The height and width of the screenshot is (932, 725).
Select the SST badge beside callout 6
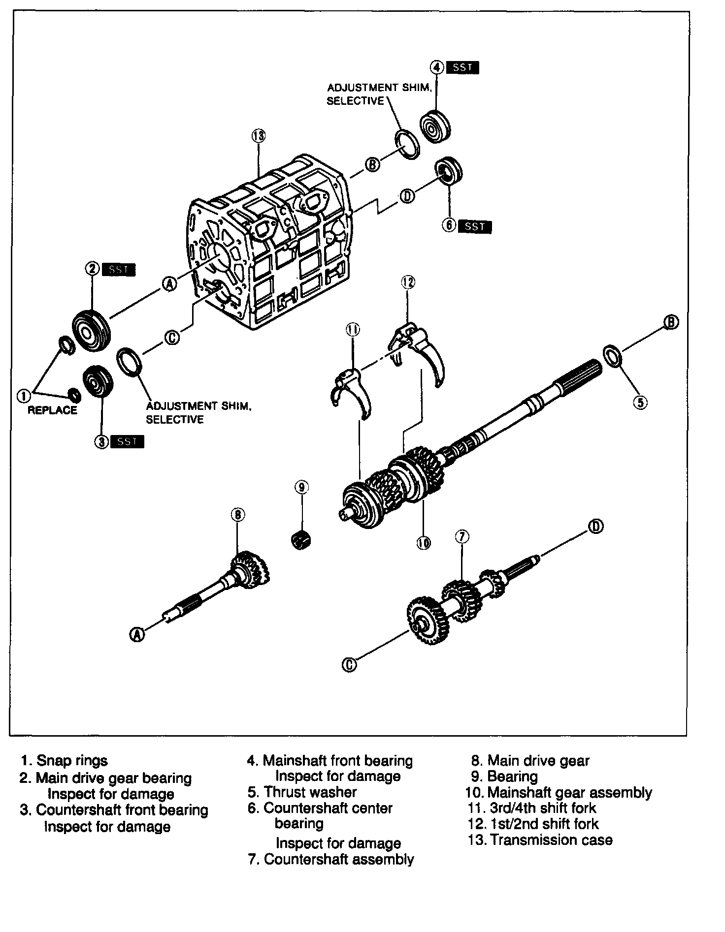point(474,226)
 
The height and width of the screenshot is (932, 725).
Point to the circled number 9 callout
point(301,487)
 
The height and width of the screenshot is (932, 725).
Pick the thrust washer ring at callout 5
point(612,356)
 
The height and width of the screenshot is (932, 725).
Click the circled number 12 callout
point(408,282)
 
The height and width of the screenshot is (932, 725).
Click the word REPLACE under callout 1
point(52,410)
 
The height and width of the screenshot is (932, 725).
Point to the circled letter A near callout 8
point(137,635)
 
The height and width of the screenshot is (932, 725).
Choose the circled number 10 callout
point(424,543)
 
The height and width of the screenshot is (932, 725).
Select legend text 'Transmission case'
point(551,839)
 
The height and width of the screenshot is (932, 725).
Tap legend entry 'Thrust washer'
point(310,792)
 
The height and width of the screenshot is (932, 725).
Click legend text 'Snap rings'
point(72,761)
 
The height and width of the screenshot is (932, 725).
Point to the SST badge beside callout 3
point(128,441)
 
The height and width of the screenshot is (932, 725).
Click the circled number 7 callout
point(462,537)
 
